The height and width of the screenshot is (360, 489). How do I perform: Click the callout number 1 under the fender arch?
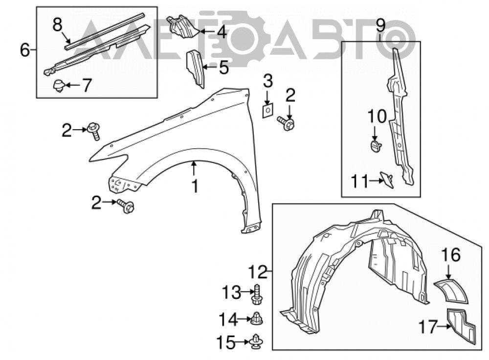click(x=195, y=186)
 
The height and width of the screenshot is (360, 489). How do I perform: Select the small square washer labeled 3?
click(x=267, y=110)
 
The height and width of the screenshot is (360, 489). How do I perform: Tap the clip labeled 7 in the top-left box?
click(x=59, y=86)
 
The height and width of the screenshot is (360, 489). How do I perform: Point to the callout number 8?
click(x=57, y=24)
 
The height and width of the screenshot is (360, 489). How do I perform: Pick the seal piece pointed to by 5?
click(x=196, y=68)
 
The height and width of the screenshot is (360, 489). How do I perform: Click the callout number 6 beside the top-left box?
click(x=25, y=49)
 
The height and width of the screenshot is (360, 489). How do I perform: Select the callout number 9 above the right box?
click(x=381, y=25)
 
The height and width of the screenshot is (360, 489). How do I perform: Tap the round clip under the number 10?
click(x=376, y=146)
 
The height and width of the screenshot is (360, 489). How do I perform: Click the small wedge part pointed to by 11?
click(x=387, y=180)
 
